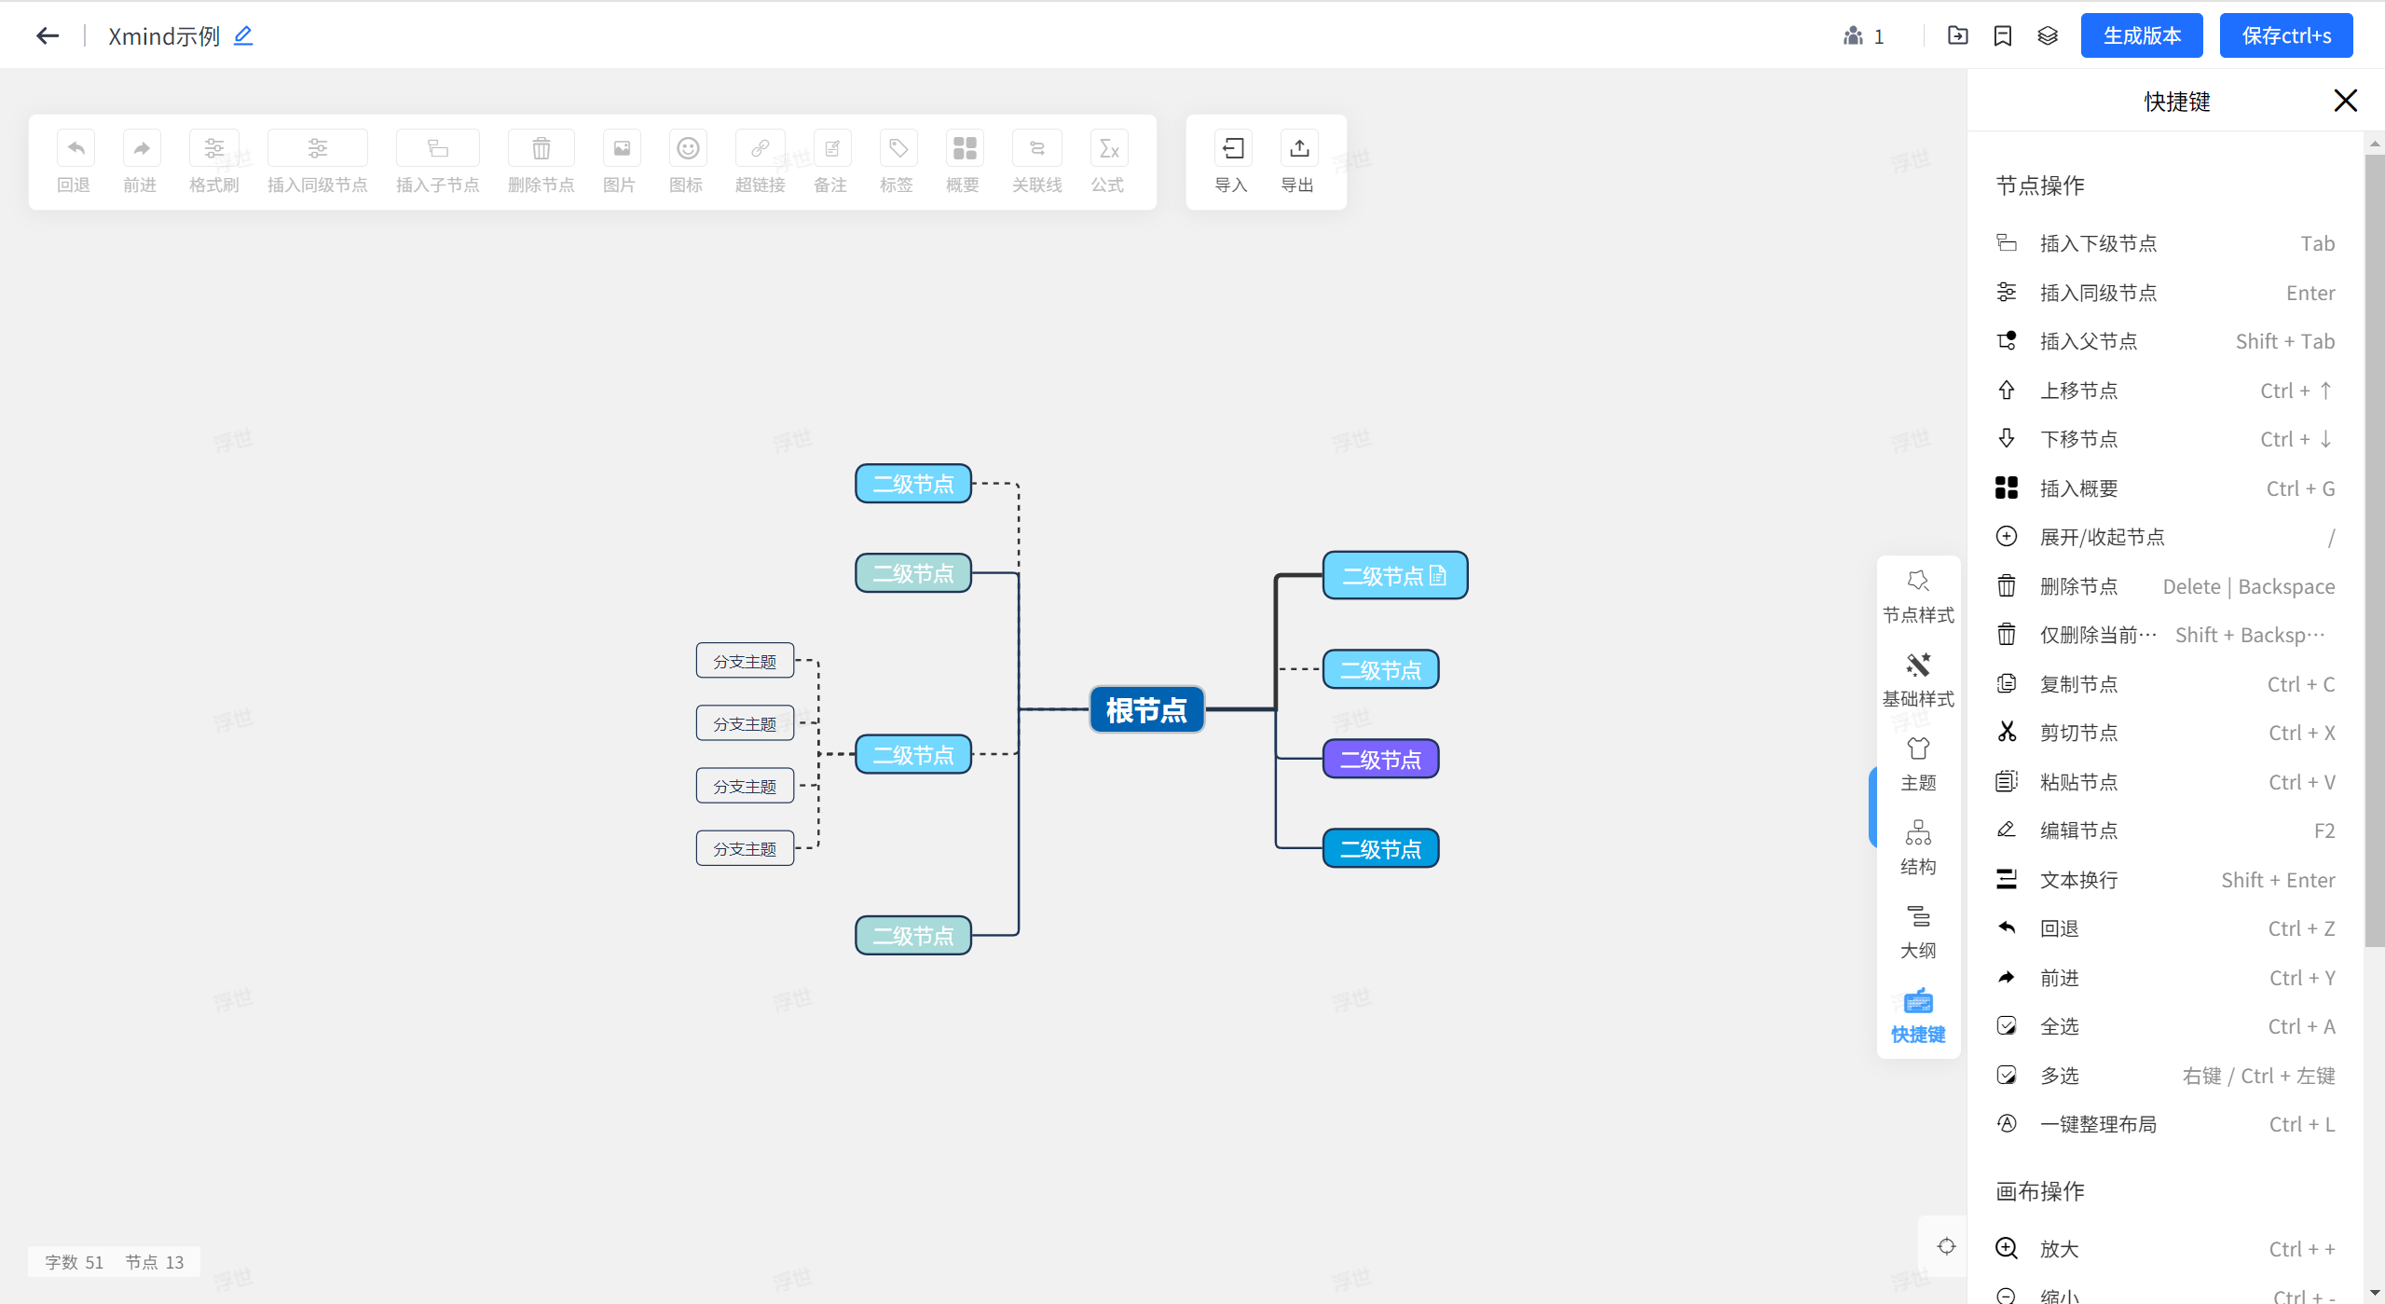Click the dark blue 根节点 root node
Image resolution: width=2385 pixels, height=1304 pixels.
click(x=1146, y=710)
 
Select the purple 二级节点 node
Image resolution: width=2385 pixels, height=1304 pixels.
click(x=1380, y=760)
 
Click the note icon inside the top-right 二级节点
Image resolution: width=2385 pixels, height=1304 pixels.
click(x=1438, y=575)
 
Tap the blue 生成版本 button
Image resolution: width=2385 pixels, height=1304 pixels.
click(x=2141, y=35)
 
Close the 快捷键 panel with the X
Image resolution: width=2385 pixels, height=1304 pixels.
click(x=2345, y=101)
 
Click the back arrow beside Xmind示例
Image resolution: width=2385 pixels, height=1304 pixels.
click(x=48, y=35)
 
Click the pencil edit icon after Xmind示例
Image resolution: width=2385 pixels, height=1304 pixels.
click(x=243, y=35)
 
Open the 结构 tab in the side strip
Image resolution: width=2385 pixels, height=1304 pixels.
click(x=1918, y=846)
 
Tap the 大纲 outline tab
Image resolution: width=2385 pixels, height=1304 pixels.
click(x=1918, y=930)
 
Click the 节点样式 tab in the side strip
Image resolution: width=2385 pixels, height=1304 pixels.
click(x=1918, y=595)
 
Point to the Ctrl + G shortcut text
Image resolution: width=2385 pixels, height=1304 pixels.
click(x=2300, y=488)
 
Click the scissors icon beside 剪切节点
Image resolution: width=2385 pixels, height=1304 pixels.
click(x=2007, y=733)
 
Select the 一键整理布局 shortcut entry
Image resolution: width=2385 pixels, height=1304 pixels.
click(x=2098, y=1124)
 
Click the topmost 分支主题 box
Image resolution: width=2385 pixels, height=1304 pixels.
click(x=745, y=661)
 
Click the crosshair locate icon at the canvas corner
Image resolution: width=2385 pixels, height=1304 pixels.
click(x=1946, y=1246)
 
